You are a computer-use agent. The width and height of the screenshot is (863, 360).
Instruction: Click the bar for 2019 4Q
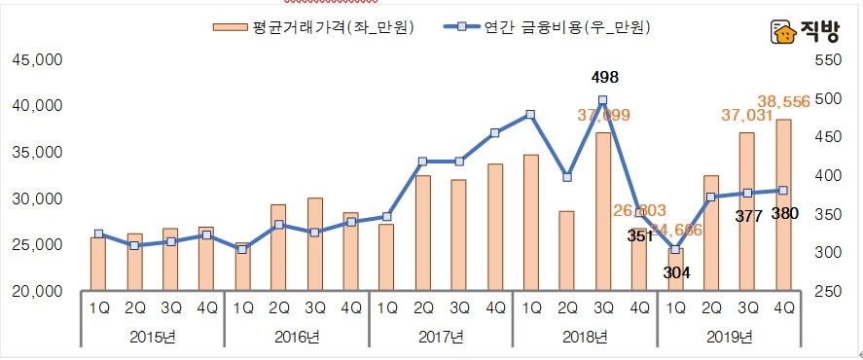(x=782, y=205)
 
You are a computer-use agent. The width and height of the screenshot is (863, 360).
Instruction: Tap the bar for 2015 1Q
(x=97, y=264)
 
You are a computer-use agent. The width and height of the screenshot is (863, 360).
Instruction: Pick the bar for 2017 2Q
(x=422, y=233)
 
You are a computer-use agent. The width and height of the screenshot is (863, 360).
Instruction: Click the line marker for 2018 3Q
(x=603, y=99)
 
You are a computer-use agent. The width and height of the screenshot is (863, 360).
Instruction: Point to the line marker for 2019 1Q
(x=675, y=249)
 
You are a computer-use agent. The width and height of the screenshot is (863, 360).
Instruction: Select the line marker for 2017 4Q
(x=495, y=132)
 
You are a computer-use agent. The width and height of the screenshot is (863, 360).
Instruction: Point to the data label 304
(x=675, y=272)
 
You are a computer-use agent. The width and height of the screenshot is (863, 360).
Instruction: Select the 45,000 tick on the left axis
(x=37, y=60)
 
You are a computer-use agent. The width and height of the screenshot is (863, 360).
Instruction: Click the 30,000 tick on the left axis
(x=37, y=198)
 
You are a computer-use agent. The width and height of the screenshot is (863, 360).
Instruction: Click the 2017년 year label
(x=441, y=337)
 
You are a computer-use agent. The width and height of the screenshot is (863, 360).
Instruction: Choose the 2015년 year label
(x=153, y=337)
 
